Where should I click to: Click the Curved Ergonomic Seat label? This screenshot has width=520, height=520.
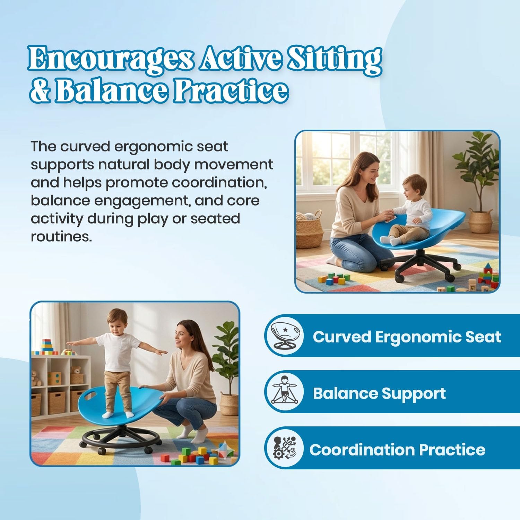tap(407, 337)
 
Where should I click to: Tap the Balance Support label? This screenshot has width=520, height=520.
tap(379, 393)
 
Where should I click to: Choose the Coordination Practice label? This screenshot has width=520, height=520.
tap(397, 450)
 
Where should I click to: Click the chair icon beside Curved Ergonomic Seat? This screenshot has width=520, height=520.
tap(284, 336)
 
